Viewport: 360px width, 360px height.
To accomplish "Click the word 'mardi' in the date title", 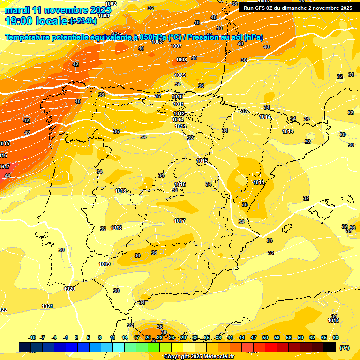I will click(x=17, y=10).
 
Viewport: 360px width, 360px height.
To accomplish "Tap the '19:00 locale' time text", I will click(x=36, y=21).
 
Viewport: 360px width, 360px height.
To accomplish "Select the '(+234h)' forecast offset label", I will click(x=83, y=21).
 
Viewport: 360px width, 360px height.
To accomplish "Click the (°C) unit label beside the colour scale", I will click(x=344, y=348).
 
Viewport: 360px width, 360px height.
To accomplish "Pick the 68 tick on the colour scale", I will click(x=336, y=337).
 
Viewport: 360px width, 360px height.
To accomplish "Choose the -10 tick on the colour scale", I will click(x=32, y=337).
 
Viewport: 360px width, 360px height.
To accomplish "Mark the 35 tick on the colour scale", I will click(x=207, y=337).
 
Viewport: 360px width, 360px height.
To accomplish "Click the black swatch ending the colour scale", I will click(x=330, y=347).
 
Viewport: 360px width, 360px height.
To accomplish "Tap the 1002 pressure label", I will click(x=111, y=4).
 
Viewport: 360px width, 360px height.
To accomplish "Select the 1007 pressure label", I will click(x=176, y=46).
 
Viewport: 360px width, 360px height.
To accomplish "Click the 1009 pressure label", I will click(x=180, y=75).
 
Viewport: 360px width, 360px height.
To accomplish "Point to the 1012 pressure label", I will click(x=179, y=113).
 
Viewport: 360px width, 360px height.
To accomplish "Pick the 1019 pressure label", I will click(x=105, y=264).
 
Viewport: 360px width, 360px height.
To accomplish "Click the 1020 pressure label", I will click(x=69, y=289).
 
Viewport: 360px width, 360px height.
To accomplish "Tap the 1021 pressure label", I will click(x=47, y=306).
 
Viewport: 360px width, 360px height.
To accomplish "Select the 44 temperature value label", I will click(x=7, y=176).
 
